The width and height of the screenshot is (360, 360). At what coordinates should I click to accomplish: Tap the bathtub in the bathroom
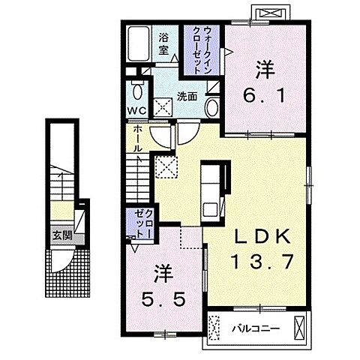coord(139,43)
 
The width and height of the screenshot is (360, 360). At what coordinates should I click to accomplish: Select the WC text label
coord(136,110)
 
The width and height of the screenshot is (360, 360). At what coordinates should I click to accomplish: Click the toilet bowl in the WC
coord(137,91)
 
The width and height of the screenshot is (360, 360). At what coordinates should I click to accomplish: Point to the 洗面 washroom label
coord(187,97)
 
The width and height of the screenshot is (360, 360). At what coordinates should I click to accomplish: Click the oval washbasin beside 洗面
coord(212,107)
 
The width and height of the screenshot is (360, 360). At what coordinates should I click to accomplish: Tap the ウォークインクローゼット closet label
coord(202,49)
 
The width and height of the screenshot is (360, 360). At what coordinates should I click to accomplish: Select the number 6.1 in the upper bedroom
coord(264,96)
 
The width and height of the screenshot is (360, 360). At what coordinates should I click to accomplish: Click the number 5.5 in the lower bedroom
coord(163,299)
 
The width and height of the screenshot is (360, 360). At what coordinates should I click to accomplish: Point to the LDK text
coord(262,236)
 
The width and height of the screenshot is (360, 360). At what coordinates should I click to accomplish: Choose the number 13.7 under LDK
coord(262,261)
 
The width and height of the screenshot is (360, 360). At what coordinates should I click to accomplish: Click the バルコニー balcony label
coord(255,328)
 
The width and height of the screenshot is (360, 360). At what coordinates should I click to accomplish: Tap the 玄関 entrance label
coord(62,235)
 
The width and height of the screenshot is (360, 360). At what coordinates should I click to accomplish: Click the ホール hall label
coord(137,139)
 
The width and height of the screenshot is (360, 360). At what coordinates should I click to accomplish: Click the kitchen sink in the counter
coord(210,209)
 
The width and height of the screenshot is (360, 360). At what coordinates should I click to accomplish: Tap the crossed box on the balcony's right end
coord(299,328)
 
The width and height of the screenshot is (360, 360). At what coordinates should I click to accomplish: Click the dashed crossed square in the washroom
coord(163,108)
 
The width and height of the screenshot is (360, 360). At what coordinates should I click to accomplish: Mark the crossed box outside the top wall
coord(271,13)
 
